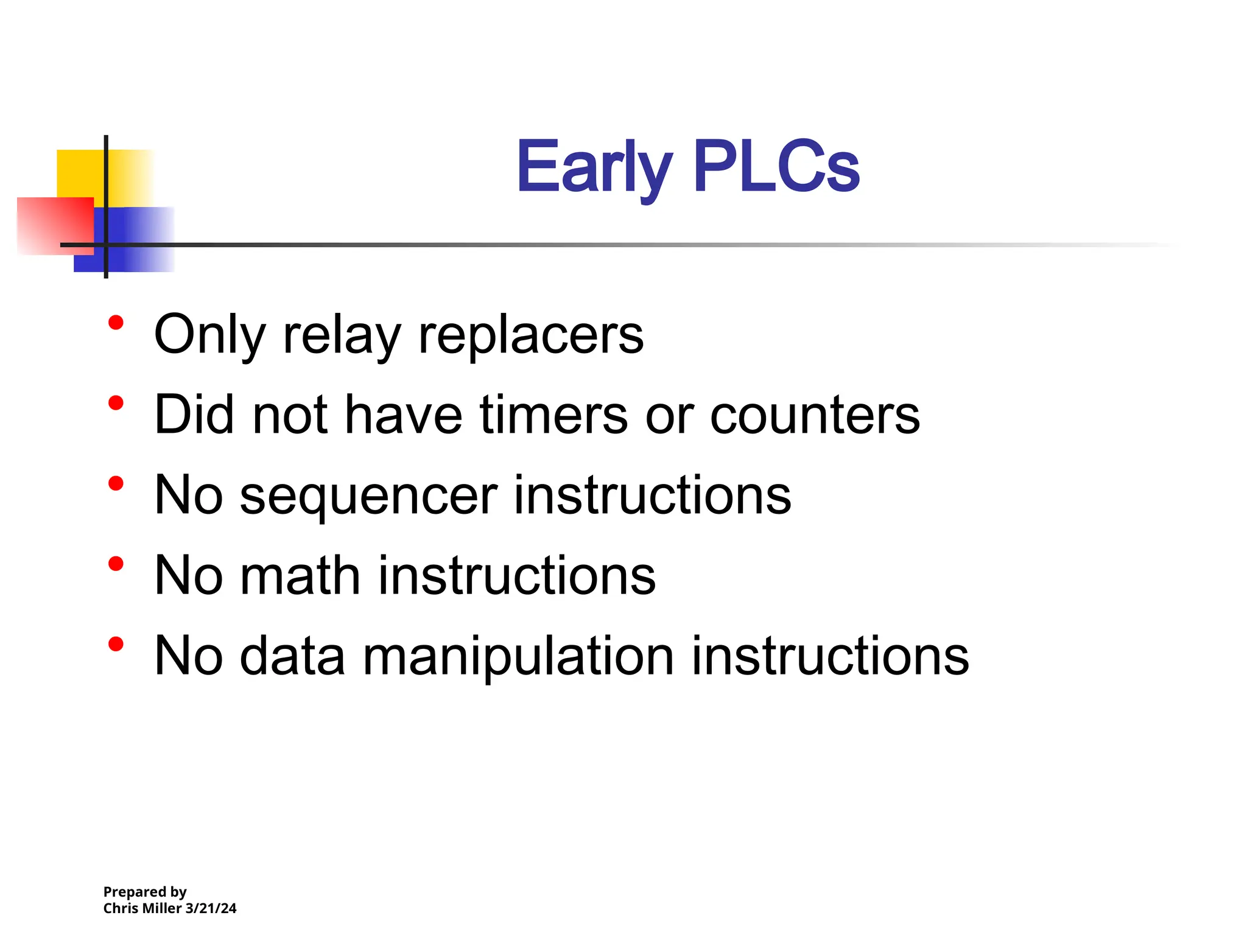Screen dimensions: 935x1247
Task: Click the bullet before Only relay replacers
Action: (x=116, y=323)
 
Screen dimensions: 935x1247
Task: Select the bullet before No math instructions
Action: (x=116, y=564)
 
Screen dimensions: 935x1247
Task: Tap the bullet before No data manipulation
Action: (x=116, y=644)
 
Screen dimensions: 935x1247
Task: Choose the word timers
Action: (x=553, y=415)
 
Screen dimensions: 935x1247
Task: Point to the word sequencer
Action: (x=368, y=496)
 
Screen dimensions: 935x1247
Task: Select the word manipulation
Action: (x=518, y=656)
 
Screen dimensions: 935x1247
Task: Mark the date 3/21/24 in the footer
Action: (x=211, y=908)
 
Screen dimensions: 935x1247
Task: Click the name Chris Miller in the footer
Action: (x=142, y=908)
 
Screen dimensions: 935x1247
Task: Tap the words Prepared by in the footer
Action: (x=145, y=892)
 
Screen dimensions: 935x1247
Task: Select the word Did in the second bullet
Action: (x=194, y=415)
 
